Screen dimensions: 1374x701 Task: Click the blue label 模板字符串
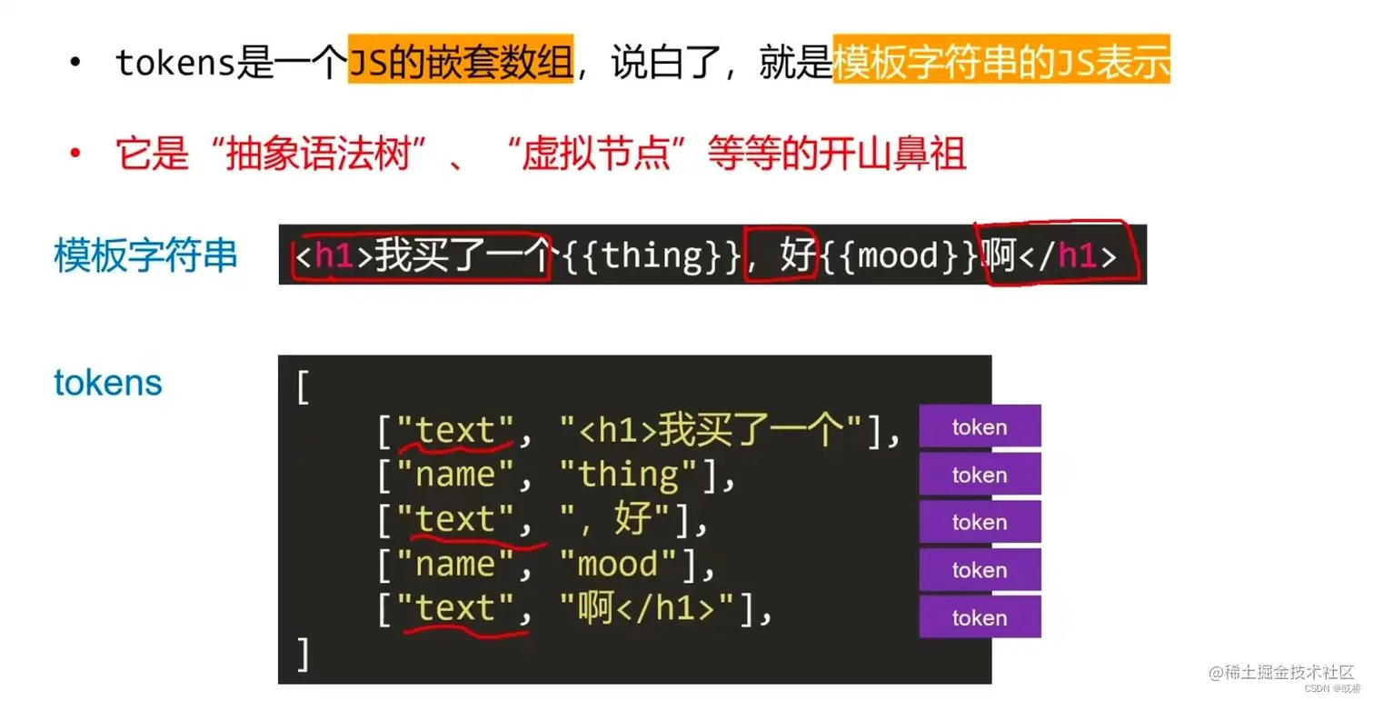point(145,255)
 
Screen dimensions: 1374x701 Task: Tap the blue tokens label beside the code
point(108,383)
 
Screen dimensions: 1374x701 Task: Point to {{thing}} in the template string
point(651,256)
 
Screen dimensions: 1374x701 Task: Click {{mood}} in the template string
point(901,256)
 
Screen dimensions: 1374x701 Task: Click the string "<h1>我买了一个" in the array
point(711,430)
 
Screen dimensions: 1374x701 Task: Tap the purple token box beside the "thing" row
point(980,475)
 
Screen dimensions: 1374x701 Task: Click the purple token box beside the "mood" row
point(980,570)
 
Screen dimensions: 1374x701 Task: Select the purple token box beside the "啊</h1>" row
point(980,617)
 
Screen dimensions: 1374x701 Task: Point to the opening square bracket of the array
point(303,388)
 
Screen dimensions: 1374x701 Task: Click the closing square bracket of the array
point(303,654)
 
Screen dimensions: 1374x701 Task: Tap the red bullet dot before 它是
point(75,154)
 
